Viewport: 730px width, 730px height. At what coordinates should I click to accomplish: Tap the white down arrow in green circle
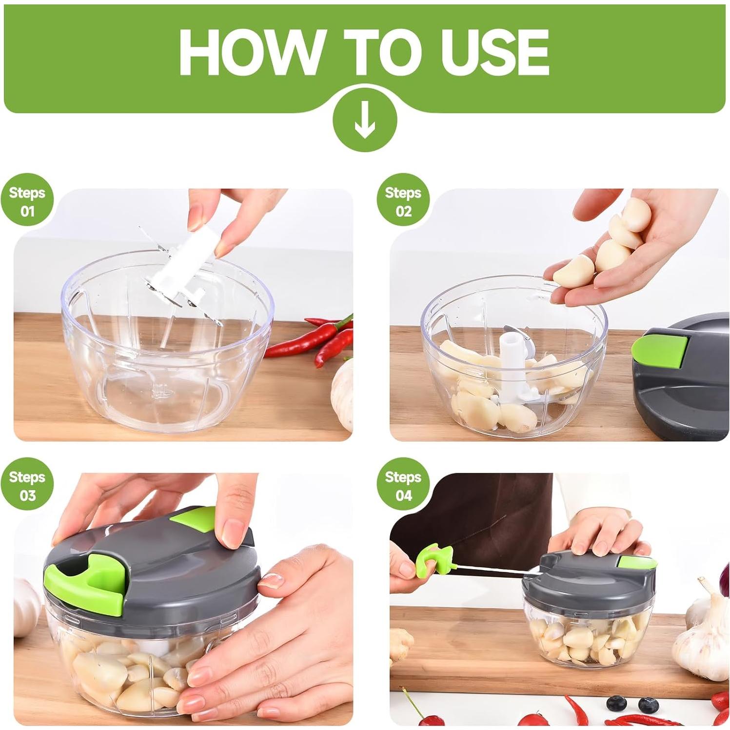[x=365, y=119]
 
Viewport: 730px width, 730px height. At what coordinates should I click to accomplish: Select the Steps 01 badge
[x=27, y=201]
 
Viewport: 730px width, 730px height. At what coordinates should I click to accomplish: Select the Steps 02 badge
[x=403, y=201]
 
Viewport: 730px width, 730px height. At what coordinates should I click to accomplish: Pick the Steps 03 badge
[x=27, y=486]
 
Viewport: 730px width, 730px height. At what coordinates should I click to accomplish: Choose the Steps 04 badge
[x=403, y=486]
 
